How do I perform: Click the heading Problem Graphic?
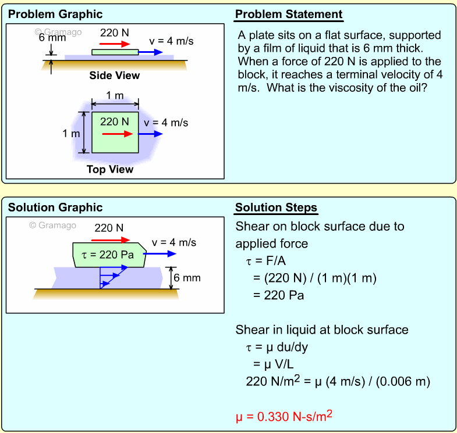(x=55, y=14)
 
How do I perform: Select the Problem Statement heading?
(x=289, y=15)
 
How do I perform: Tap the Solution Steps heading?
(x=276, y=207)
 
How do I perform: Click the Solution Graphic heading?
(x=55, y=207)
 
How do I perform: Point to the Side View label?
(x=114, y=76)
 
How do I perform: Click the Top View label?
(x=110, y=170)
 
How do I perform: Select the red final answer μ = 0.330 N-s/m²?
(x=284, y=416)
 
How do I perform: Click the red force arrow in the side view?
(x=114, y=44)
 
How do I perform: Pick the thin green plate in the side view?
(x=115, y=52)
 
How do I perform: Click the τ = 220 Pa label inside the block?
(x=109, y=254)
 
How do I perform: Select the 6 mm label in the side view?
(x=52, y=37)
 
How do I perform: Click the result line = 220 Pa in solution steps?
(x=278, y=295)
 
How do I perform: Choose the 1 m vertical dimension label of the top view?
(x=71, y=134)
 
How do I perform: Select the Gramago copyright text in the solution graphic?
(x=53, y=226)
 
